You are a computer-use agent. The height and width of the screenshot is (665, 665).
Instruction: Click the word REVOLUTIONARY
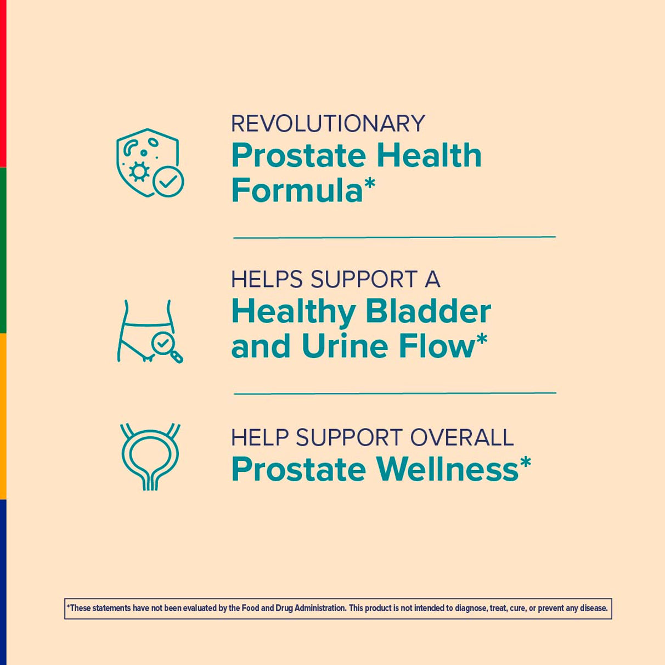click(328, 123)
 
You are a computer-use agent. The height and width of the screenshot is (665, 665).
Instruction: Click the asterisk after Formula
click(369, 183)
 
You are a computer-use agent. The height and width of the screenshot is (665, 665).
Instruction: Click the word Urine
click(345, 346)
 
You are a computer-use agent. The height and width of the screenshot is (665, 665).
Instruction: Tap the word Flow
click(437, 346)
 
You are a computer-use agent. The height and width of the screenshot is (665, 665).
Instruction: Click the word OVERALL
click(462, 437)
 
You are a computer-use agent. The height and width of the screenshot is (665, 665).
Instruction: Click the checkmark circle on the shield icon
click(168, 182)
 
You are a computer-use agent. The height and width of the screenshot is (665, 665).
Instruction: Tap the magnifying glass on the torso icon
click(166, 348)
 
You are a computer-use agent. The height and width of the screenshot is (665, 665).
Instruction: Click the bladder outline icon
click(150, 457)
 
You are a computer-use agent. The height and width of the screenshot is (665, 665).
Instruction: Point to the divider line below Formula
click(395, 238)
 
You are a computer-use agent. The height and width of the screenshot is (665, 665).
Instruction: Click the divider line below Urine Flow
click(395, 393)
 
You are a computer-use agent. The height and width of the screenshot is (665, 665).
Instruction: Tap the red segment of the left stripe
click(3, 83)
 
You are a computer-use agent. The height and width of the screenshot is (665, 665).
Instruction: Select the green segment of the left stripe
click(3, 250)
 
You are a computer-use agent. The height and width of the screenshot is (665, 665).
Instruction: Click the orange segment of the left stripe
click(3, 416)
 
